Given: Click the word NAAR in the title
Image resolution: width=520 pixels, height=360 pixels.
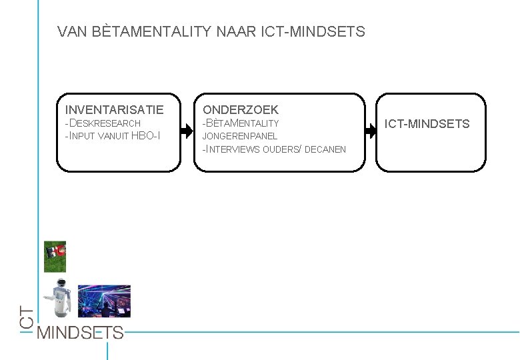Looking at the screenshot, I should point(233,31).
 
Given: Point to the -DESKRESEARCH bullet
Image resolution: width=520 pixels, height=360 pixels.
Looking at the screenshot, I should point(103,123).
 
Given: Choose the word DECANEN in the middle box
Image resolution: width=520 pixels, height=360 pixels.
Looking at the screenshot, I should point(325,149).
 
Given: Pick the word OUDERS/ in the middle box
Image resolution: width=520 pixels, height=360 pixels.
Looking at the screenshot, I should point(282,149).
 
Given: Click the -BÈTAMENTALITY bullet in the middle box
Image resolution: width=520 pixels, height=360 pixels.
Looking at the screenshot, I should point(241,123).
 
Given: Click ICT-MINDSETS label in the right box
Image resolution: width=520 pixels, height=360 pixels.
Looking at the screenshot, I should point(427,124).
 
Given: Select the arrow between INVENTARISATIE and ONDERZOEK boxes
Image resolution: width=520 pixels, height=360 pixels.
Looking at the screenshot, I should point(187,132).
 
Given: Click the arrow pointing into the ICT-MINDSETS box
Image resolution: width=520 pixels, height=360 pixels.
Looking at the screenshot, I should point(370,132).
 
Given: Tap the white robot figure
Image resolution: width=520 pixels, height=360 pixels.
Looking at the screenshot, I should point(61,300).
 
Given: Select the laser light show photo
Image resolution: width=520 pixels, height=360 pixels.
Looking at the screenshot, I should point(104,301).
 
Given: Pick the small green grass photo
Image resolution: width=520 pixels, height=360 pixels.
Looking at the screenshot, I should point(55,257).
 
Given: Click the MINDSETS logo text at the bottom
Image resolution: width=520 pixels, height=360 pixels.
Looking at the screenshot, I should point(80,332).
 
